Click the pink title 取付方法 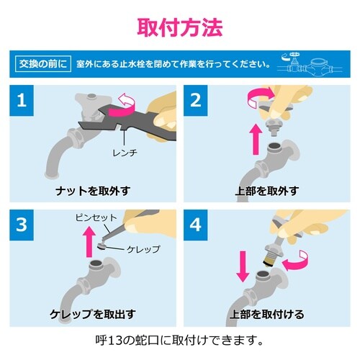(180, 25)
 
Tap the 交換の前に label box (42, 65)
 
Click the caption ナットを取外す (93, 192)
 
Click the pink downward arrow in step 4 (243, 268)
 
